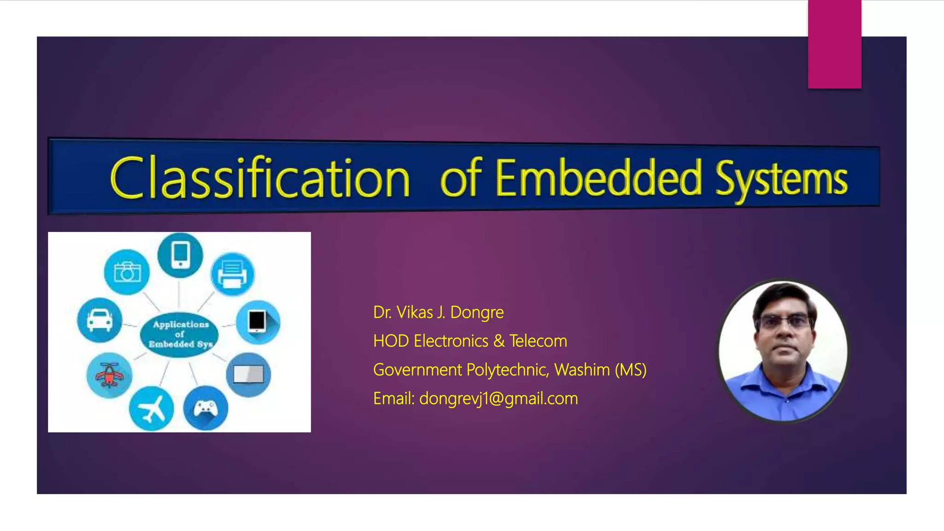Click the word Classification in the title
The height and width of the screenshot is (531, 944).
pos(260,178)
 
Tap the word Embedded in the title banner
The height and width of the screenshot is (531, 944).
pos(599,178)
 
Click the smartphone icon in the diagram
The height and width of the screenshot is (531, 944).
pos(180,254)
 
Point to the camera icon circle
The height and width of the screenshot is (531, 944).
pos(127,272)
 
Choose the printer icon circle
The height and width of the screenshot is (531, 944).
pos(232,274)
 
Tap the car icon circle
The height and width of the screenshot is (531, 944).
pos(100,320)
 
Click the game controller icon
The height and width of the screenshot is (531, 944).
pos(206,408)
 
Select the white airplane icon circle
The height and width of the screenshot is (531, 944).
pos(151,409)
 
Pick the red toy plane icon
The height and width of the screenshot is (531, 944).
pos(109,375)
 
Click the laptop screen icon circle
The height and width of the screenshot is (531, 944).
pos(248,375)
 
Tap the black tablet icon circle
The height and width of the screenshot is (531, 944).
pos(258,321)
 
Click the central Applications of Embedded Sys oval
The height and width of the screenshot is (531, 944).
pos(179,334)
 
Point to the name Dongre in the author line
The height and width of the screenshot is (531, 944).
pos(477,313)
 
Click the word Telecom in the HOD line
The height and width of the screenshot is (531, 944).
pos(538,341)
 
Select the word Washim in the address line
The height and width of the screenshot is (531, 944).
pos(582,370)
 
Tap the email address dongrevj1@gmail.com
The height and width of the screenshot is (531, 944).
pos(498,399)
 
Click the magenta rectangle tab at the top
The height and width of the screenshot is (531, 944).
pos(834,44)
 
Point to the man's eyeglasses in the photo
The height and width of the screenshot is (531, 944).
pos(784,321)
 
